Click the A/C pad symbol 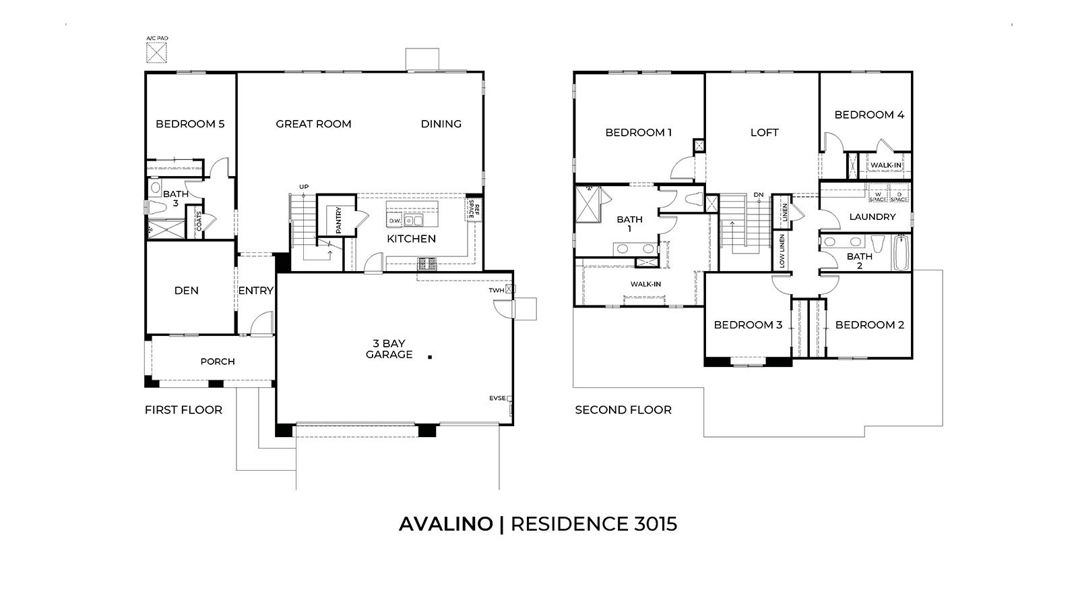[x=156, y=52]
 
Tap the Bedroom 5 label [x=190, y=124]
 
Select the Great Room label [x=313, y=124]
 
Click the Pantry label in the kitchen [x=338, y=220]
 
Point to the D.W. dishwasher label [x=395, y=221]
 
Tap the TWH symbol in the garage [x=510, y=289]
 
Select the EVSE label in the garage [x=497, y=399]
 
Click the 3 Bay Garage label [x=389, y=349]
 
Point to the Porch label [x=218, y=362]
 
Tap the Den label [x=186, y=291]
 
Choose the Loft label [x=764, y=133]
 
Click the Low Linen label [x=782, y=251]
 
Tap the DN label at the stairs [x=759, y=195]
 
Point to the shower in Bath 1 [x=590, y=204]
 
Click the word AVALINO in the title [x=445, y=524]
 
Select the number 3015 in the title [x=655, y=524]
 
